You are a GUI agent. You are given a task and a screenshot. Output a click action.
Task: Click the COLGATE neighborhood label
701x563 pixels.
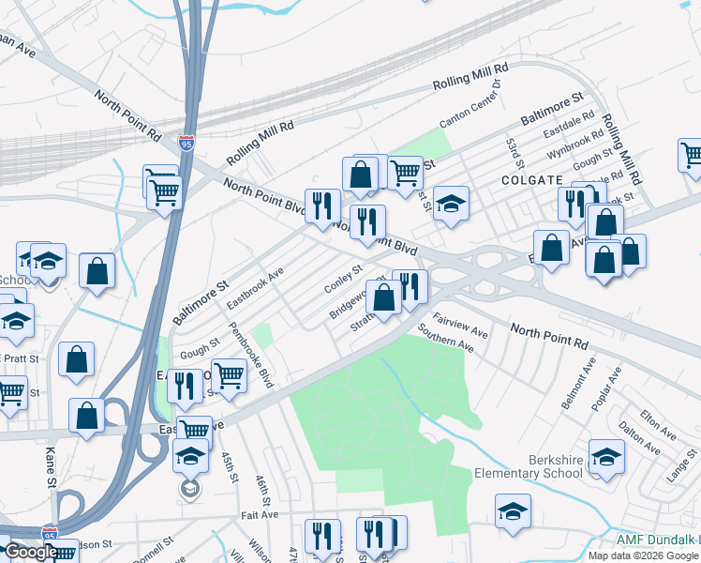click(531, 180)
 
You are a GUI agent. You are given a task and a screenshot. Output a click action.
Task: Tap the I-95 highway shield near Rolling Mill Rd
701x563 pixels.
click(186, 144)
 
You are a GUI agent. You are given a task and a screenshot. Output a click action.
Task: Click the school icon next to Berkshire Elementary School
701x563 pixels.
click(607, 456)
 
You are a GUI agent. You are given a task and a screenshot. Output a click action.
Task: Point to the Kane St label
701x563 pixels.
click(50, 459)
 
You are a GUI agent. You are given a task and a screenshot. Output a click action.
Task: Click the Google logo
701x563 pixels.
click(30, 552)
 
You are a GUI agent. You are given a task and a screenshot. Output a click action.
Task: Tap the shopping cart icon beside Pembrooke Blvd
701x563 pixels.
click(229, 375)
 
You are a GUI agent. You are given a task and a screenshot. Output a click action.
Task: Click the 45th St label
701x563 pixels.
click(228, 468)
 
